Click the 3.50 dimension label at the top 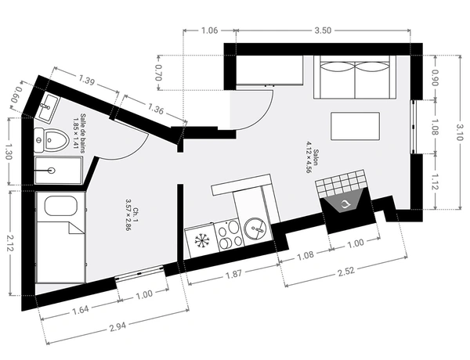(x=323, y=31)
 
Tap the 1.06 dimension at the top (x=209, y=31)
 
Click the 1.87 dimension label (x=233, y=274)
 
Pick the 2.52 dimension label (x=346, y=271)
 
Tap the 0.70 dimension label (x=158, y=73)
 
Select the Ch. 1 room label (x=132, y=214)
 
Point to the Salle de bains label (x=79, y=133)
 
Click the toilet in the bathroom (x=51, y=140)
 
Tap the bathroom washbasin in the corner (x=47, y=107)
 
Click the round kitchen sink (x=255, y=229)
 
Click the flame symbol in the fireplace (x=345, y=204)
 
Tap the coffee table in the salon (x=355, y=126)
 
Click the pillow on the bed (x=61, y=206)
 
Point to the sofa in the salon (x=355, y=77)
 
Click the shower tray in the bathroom (x=59, y=171)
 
